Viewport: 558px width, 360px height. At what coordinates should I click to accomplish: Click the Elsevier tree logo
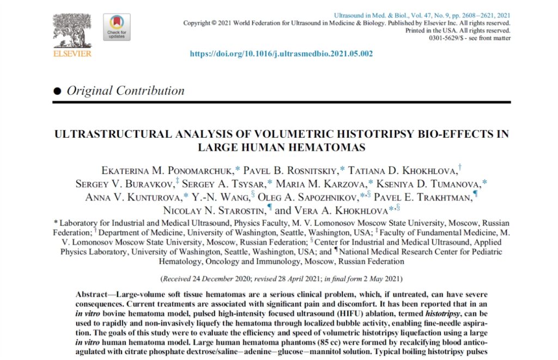(x=72, y=30)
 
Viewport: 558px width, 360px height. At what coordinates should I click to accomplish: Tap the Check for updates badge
(x=116, y=27)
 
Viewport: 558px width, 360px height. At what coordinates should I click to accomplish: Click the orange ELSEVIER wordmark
(x=72, y=53)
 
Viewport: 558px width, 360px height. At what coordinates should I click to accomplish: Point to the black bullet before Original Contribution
(x=57, y=91)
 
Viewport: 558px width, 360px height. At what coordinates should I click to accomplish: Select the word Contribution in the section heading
(x=150, y=91)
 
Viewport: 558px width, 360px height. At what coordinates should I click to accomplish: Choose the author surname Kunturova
(x=154, y=197)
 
